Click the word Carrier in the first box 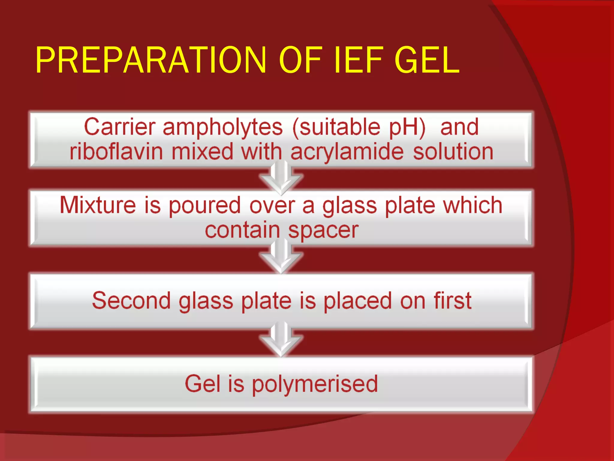[x=120, y=127]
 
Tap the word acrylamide [x=347, y=152]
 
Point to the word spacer [x=323, y=231]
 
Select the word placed [x=358, y=301]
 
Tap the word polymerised [x=314, y=384]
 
